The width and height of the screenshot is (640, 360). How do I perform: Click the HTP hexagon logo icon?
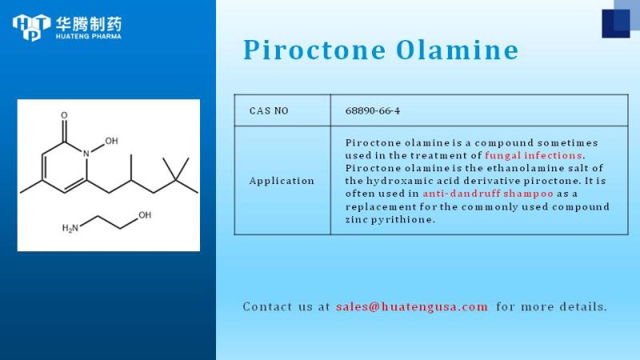31,27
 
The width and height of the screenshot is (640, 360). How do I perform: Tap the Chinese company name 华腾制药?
89,24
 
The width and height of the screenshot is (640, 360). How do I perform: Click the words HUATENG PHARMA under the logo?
89,36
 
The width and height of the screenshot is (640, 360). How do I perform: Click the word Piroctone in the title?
314,50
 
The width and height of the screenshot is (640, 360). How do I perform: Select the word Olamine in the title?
457,50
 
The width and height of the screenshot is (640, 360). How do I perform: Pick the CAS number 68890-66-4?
373,110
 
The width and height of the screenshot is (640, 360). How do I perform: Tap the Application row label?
282,181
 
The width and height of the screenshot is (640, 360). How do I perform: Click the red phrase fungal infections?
533,155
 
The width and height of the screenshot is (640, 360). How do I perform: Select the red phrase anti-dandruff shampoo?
488,194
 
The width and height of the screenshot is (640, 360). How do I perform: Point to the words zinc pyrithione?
390,219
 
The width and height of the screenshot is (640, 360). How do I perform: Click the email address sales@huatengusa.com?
412,306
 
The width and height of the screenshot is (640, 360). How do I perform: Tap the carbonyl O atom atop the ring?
64,115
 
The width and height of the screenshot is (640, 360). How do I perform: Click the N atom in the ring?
86,154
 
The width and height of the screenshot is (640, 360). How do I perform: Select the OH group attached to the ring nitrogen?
111,141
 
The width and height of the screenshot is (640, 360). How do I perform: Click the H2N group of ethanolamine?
70,228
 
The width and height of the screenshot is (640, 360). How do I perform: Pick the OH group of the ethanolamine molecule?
145,215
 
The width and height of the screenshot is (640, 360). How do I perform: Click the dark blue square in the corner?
616,24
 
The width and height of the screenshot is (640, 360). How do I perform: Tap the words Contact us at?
286,306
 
